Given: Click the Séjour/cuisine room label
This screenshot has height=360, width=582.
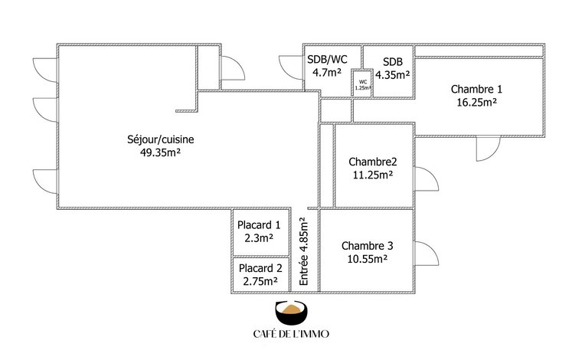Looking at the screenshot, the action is (160, 139).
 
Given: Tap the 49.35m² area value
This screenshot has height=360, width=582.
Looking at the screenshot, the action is (160, 152).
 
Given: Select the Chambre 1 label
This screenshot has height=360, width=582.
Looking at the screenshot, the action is (476, 89).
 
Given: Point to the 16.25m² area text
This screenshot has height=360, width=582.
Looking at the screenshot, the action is (476, 102).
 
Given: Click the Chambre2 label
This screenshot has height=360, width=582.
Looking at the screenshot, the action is (373, 162).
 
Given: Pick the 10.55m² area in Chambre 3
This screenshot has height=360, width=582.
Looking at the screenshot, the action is (367, 259).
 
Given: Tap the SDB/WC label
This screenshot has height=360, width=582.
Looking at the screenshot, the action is (327, 60).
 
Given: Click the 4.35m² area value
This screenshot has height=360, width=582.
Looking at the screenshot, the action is (392, 75).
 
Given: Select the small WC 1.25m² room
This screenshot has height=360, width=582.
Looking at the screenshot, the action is (362, 83).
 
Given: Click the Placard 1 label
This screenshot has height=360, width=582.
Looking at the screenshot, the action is (259, 225).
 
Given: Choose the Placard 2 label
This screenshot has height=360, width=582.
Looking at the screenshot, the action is (260, 268).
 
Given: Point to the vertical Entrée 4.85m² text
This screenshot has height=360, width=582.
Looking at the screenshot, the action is (303, 251).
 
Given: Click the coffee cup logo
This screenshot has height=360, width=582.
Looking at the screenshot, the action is (291, 313).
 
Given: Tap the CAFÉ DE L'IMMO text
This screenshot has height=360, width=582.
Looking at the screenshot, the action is (291, 334).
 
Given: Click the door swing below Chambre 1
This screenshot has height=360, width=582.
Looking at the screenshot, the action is (489, 149).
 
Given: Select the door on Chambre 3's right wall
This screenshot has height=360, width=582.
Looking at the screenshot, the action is (427, 254).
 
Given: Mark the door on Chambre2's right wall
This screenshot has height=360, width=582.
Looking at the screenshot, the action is (427, 179).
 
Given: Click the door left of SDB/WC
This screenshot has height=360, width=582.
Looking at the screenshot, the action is (291, 67).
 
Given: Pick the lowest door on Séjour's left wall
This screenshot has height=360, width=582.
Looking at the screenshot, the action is (45, 182).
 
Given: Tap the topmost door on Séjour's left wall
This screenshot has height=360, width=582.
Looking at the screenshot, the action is (45, 70).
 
